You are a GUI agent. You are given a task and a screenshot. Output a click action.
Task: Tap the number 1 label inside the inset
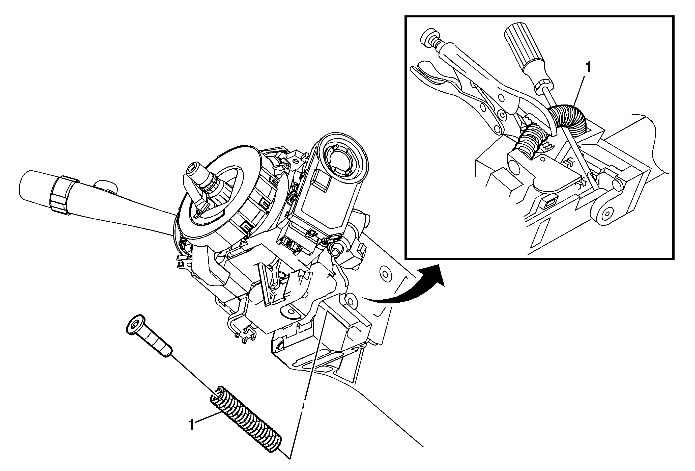coord(588,68)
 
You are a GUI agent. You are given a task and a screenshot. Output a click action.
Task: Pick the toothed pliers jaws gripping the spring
coord(538,129)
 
